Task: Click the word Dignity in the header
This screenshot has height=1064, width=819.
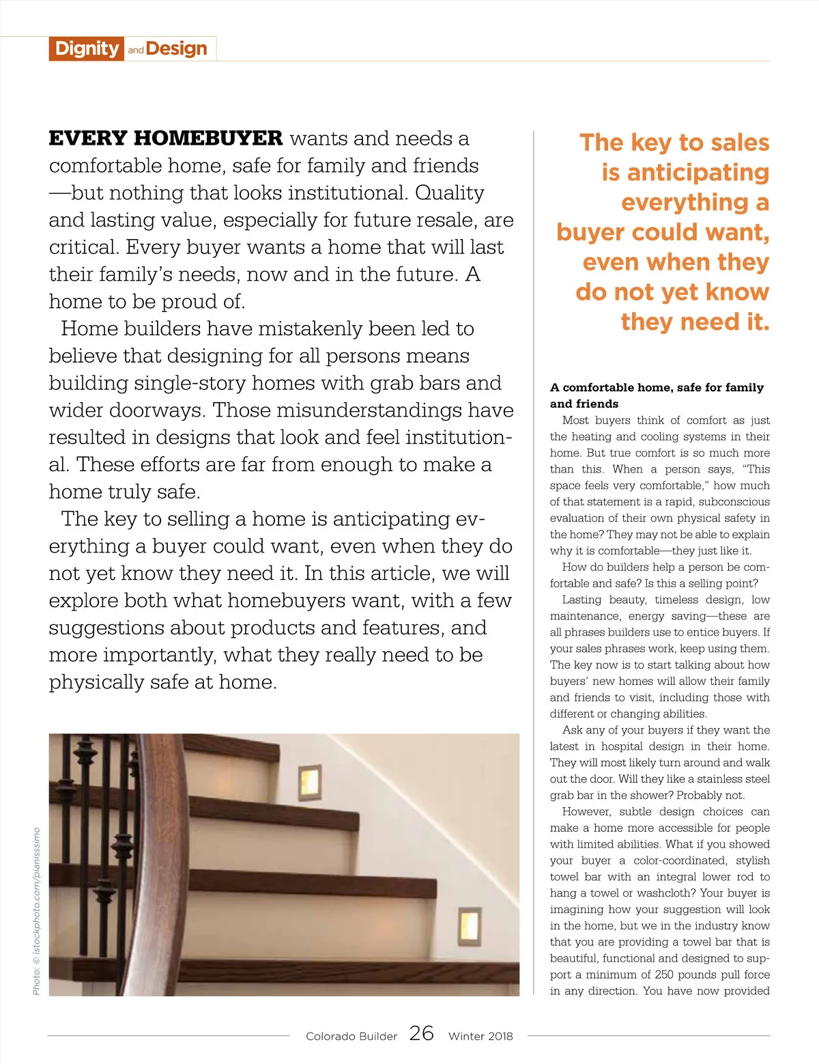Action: (87, 48)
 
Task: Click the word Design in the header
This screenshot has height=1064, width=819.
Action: (177, 48)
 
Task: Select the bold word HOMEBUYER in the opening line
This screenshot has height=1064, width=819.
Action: (208, 139)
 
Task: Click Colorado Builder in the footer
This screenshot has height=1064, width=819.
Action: (351, 1036)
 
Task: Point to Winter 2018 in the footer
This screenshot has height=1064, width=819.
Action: (480, 1036)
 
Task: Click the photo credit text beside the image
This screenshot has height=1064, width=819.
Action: (36, 911)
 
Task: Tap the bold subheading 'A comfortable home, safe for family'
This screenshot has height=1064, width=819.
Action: (657, 387)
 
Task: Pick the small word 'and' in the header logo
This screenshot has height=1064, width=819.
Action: (135, 50)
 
